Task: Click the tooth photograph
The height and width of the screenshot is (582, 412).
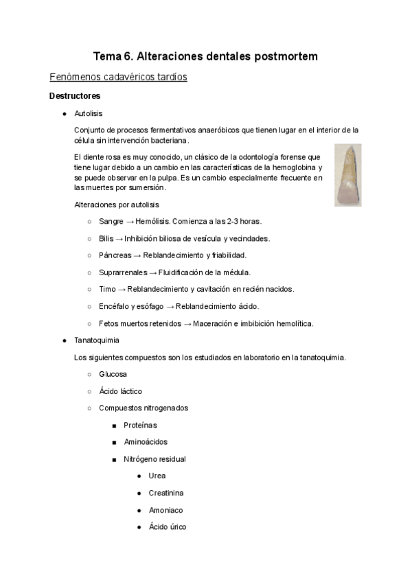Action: click(x=348, y=175)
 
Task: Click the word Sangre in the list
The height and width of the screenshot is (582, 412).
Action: click(x=111, y=222)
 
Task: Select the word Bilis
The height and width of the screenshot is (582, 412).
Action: click(x=107, y=238)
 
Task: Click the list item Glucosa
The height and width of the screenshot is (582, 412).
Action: click(x=113, y=374)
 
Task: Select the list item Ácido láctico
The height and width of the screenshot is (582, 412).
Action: click(x=121, y=391)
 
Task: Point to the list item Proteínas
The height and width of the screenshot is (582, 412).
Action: click(x=140, y=426)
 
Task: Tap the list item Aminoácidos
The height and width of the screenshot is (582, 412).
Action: click(x=146, y=442)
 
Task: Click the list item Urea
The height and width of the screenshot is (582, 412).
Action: click(x=157, y=476)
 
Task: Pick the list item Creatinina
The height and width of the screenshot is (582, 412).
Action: click(x=165, y=493)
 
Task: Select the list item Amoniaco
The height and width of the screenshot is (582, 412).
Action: click(x=165, y=510)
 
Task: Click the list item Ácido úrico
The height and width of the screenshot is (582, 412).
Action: click(x=167, y=527)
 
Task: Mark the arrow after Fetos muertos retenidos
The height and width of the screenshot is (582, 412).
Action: click(x=187, y=324)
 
